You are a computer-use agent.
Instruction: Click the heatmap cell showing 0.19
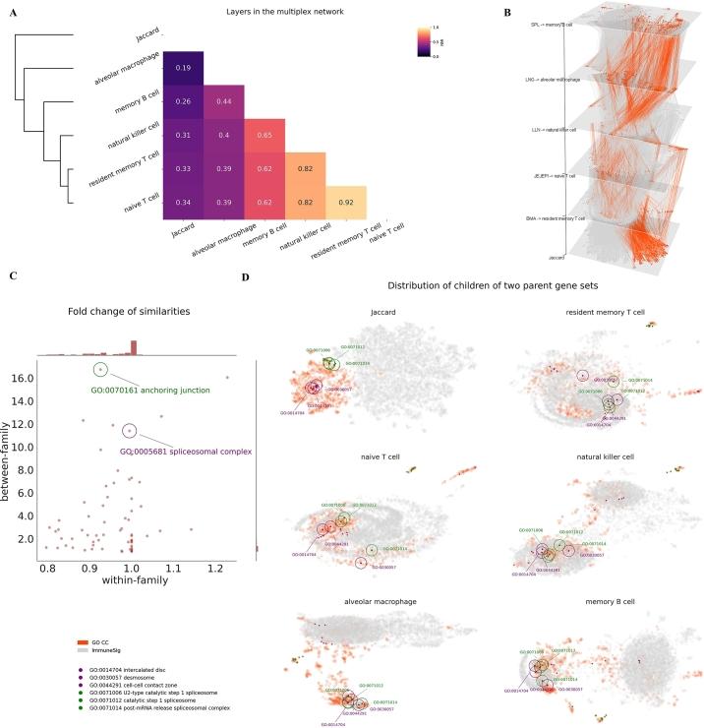pos(183,69)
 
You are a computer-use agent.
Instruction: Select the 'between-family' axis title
pos(11,460)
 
